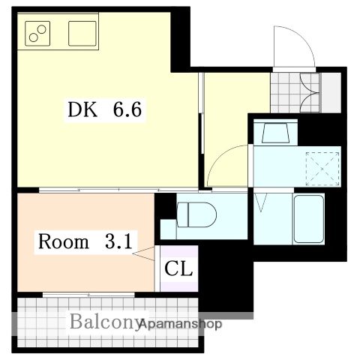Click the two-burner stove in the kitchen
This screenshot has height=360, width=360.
(37, 32)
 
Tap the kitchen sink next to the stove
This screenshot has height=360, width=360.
(83, 33)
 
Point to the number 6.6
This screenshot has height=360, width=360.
(127, 111)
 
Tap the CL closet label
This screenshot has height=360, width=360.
(179, 268)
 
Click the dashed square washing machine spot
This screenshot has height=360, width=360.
(323, 166)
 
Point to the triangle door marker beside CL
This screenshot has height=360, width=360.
(143, 256)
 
